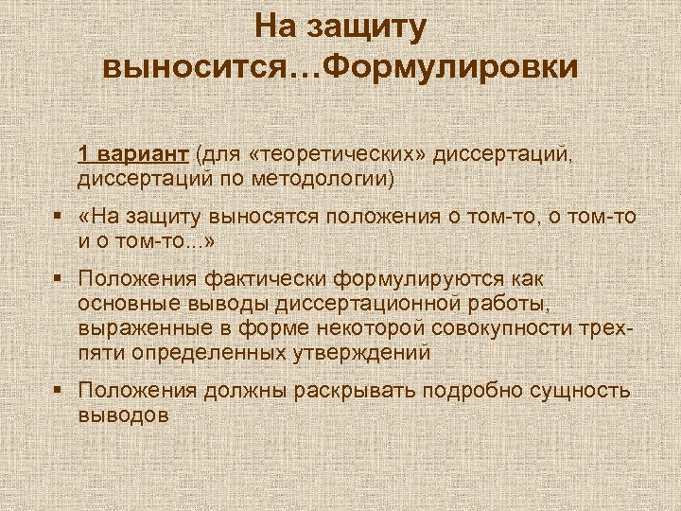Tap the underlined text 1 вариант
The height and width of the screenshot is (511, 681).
point(133,154)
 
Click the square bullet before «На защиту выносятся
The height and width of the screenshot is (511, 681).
point(59,217)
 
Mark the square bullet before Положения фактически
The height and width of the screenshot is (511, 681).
point(59,279)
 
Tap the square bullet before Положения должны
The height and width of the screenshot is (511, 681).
point(59,390)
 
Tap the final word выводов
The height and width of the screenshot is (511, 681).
point(123,414)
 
